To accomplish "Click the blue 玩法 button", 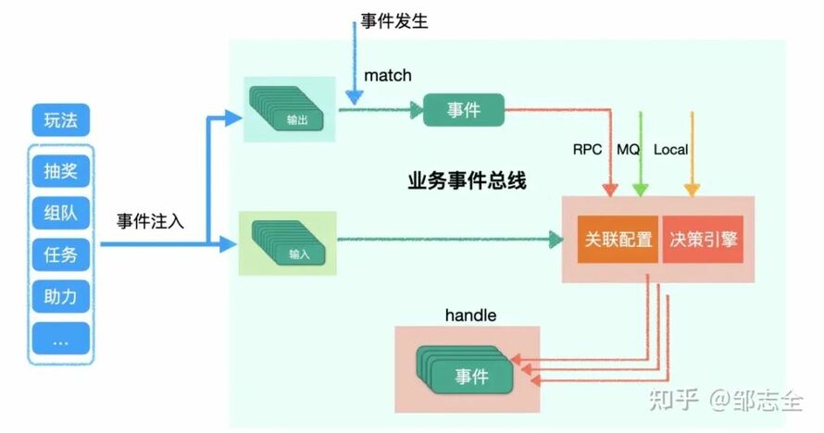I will tap(60, 120).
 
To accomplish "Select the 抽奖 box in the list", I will tap(60, 171).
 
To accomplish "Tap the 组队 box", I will tap(60, 214).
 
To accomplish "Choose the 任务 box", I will tap(60, 256).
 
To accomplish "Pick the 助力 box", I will tap(60, 298).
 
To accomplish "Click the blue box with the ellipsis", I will tap(60, 340).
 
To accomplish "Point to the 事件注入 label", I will tap(151, 221).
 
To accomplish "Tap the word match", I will tap(388, 74).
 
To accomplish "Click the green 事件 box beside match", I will tap(464, 110).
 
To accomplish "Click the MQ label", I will tap(630, 149).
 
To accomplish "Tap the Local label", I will tap(671, 149).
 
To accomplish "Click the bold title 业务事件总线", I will tap(467, 181).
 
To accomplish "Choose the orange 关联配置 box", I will tap(618, 240).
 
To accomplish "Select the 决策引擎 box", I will tap(704, 240).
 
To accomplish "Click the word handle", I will tap(470, 315).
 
